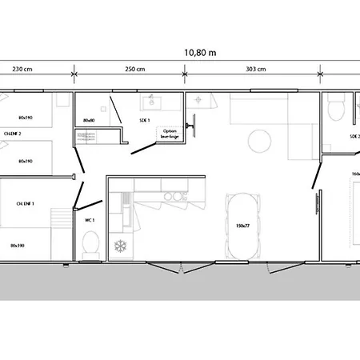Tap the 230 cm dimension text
coord(22,70)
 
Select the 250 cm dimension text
coord(136,70)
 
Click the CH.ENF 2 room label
coord(12,134)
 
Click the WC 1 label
coord(90,219)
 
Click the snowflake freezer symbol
coord(122,245)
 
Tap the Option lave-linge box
coord(170,133)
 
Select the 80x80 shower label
coord(90,121)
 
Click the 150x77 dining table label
coord(243,226)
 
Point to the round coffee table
coord(258,142)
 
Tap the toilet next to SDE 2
coord(337,107)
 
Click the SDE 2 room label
coord(354,137)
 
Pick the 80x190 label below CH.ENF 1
coord(18,245)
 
